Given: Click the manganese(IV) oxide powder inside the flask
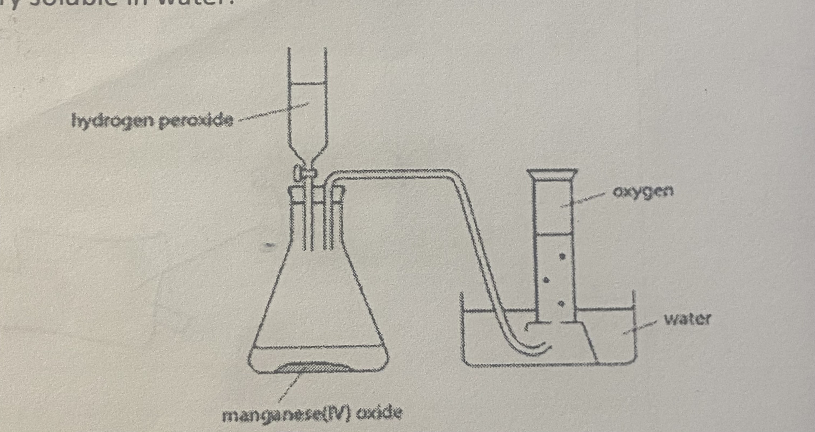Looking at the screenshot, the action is point(313,367).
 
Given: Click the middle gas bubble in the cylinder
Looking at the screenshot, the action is point(546,280).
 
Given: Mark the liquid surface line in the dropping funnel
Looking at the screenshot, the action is point(307,84).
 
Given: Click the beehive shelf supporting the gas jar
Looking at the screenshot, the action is point(573,342).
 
